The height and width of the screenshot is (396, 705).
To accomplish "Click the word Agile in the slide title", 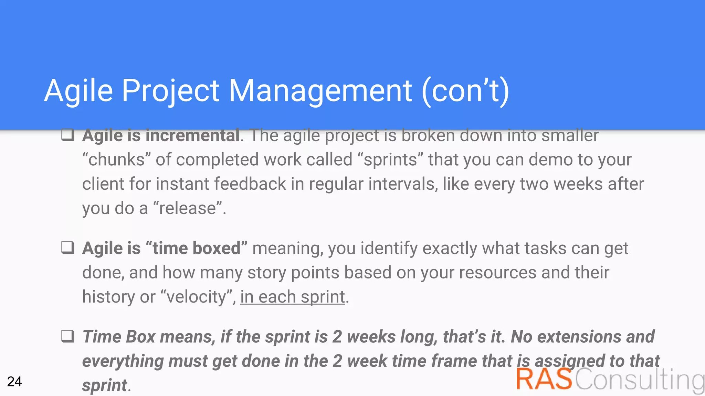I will pos(78,91).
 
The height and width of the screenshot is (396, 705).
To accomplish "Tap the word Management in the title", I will pos(320,91).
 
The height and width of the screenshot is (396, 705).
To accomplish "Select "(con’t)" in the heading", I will pos(465,91).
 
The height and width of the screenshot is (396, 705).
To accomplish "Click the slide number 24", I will pos(14,382).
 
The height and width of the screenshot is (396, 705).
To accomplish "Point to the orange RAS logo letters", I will pos(544,379).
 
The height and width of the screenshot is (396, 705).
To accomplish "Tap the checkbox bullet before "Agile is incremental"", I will pos(68,135).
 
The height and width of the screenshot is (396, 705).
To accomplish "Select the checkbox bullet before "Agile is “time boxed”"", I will pos(68,247).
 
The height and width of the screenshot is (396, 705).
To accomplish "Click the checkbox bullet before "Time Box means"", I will pos(68,336).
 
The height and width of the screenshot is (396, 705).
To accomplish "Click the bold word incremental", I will pos(192,135).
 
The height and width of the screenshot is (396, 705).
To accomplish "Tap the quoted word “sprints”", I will pos(390,160).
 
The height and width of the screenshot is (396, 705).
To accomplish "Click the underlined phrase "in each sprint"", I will pos(293,297).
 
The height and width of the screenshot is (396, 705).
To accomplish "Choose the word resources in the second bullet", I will pos(497,273).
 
